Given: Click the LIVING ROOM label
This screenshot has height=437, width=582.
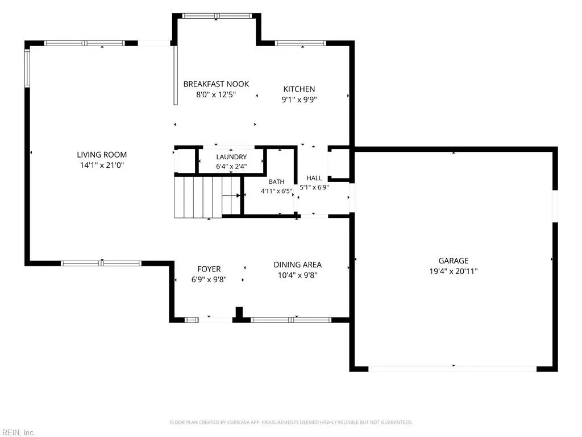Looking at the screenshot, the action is (102, 155).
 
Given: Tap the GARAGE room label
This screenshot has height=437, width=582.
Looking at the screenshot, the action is (453, 261).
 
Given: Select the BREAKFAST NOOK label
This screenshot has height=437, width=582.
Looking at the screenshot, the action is (216, 84).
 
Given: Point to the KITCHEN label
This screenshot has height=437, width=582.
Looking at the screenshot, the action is (299, 89).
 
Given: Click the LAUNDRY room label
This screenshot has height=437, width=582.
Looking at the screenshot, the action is (231, 157).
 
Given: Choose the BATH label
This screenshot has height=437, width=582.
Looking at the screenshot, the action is (277, 182).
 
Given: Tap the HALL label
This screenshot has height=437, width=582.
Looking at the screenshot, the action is (314, 178).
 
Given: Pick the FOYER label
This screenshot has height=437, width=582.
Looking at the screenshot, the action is (209, 269).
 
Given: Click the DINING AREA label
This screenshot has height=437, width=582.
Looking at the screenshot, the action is (298, 265).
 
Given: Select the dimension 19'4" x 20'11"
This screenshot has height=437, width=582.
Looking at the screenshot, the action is (453, 271).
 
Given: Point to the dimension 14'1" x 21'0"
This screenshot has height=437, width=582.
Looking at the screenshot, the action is (102, 165).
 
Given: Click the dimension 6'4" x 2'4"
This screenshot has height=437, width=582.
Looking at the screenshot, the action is (231, 166).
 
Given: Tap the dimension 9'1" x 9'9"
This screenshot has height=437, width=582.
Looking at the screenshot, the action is (299, 100).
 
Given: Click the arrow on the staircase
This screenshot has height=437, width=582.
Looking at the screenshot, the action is (231, 196).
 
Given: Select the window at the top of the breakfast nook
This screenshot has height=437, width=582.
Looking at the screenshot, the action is (217, 16).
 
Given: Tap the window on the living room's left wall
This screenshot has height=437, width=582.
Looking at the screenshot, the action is (27, 68).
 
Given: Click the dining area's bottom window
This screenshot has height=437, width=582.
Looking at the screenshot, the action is (291, 320).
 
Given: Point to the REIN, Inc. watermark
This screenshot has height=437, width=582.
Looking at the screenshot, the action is (18, 432).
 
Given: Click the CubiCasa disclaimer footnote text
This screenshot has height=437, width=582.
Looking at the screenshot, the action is (291, 422).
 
